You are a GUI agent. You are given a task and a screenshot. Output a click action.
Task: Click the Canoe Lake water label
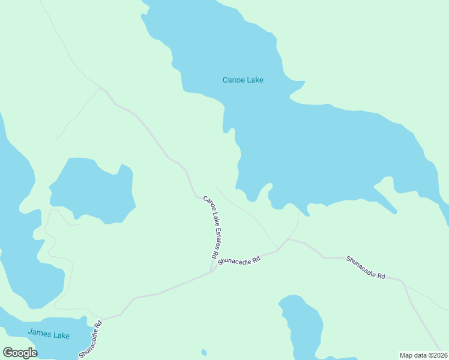(x=243, y=80)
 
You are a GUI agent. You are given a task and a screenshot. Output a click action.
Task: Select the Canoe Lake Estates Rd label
(x=210, y=227)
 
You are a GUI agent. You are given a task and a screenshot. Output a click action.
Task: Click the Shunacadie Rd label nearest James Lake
(x=90, y=340)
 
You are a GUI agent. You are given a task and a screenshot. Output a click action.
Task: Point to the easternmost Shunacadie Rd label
(x=365, y=267)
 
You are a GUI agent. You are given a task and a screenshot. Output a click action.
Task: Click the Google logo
(x=19, y=352)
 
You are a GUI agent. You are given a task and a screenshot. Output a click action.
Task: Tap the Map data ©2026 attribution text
(x=423, y=355)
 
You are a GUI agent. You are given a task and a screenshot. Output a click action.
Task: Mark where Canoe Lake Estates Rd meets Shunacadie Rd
(x=211, y=272)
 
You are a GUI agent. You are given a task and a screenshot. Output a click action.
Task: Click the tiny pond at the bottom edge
(x=204, y=352)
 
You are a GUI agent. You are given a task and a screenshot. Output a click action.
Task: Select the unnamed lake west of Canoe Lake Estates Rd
(x=93, y=189)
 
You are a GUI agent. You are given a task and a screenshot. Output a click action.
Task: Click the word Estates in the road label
(x=212, y=232)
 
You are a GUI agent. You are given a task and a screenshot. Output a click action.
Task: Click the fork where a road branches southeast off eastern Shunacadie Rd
(x=402, y=281)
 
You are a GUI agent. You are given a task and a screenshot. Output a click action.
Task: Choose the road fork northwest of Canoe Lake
(x=101, y=89)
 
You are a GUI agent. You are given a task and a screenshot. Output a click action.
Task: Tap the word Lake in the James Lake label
(x=60, y=335)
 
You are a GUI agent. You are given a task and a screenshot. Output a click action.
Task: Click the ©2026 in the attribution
(x=436, y=355)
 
